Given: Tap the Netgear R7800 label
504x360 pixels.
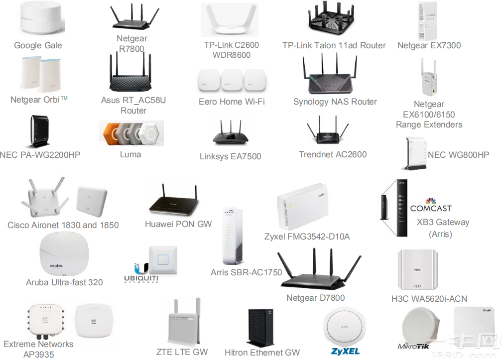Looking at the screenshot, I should [x=132, y=43].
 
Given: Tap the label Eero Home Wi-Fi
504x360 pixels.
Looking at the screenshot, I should [x=232, y=102].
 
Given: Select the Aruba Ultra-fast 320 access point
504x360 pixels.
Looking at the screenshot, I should [x=64, y=254].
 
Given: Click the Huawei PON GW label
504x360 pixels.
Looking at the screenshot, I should [x=178, y=224].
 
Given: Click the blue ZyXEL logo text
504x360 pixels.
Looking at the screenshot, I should [x=345, y=352].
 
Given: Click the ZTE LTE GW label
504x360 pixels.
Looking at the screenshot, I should [x=182, y=352].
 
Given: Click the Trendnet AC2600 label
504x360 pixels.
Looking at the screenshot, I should [x=333, y=154].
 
